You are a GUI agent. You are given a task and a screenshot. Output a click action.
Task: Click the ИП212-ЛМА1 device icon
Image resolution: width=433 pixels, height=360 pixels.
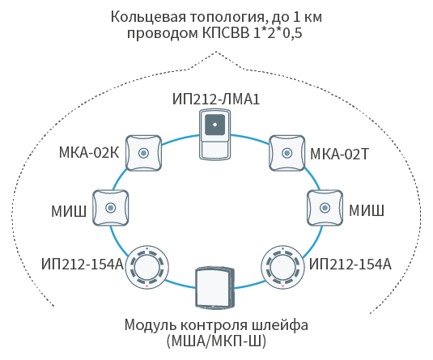coord(214,134)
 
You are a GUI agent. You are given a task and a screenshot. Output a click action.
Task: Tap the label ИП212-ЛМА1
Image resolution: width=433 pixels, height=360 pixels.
coord(216,100)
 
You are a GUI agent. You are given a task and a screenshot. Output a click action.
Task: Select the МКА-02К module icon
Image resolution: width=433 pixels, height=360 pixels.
coord(143,153)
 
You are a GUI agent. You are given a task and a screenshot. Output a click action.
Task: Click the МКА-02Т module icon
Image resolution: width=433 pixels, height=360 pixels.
coord(287,153)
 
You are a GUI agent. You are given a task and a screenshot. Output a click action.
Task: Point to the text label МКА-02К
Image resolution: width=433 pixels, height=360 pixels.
coord(89,153)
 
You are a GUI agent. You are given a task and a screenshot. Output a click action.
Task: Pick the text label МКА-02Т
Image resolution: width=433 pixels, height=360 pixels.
coord(339,154)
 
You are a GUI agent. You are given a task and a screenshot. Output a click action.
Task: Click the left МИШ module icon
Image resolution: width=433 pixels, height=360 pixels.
coord(110,208)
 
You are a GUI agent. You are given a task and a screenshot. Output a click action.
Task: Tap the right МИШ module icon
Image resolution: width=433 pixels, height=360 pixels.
coord(325,208)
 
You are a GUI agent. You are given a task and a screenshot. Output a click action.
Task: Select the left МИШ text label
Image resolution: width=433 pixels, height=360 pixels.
coord(69,211)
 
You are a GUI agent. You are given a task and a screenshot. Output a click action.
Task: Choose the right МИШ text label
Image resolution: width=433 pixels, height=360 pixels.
coord(367,210)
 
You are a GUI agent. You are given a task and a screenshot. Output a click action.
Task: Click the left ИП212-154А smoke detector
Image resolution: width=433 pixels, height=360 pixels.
coord(147,267)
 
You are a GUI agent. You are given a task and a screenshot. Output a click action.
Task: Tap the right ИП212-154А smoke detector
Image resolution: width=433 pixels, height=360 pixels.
coord(282,267)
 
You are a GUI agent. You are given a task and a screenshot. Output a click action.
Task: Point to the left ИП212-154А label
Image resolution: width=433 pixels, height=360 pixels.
coord(83,264)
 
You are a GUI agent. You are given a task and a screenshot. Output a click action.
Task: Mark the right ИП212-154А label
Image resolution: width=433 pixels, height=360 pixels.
coord(350,264)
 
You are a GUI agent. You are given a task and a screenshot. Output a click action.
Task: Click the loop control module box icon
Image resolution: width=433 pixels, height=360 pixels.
coord(214,287)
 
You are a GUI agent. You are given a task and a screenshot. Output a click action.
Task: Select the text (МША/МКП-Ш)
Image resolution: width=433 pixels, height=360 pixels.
coord(216,341)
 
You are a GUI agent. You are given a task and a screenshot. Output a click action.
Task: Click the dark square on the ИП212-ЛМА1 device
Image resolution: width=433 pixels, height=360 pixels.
coord(214,125)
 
